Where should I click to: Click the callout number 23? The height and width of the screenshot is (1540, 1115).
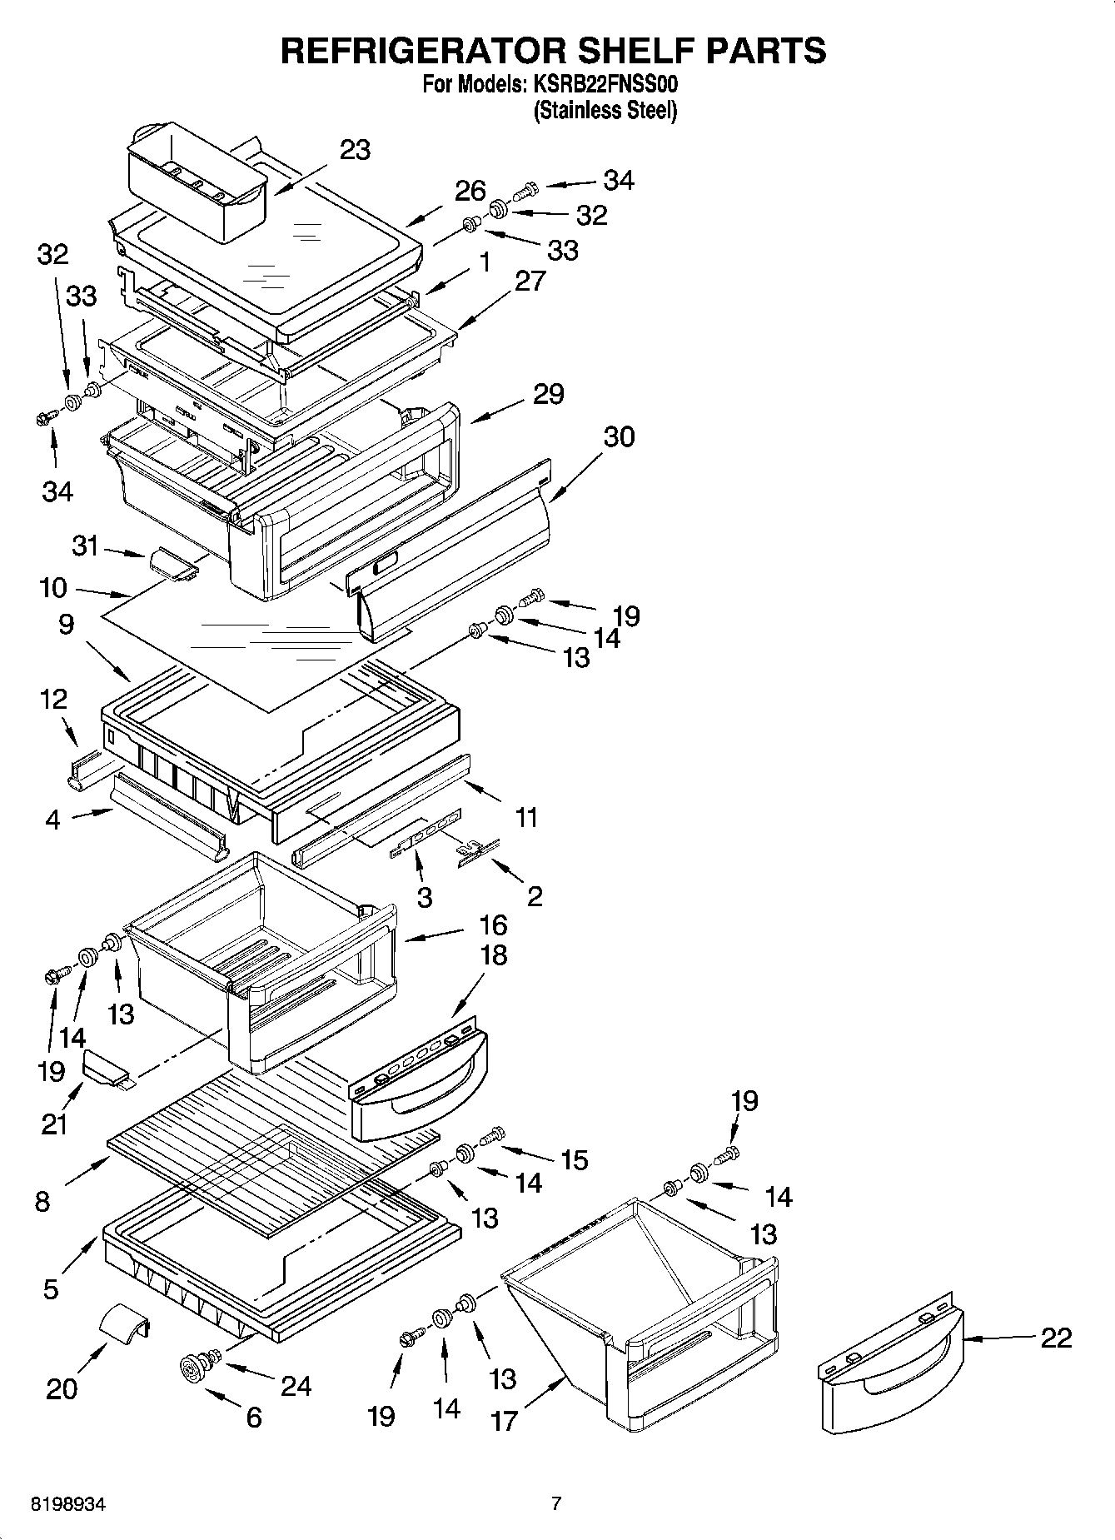coord(355,150)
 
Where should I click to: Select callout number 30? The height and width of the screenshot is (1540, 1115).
coord(618,436)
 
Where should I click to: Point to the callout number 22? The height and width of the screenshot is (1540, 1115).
coord(1056,1338)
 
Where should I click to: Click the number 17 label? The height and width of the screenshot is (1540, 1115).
coord(505,1420)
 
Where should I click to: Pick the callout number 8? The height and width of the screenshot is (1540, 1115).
coord(42,1201)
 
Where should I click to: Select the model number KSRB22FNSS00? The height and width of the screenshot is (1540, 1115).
coord(603,85)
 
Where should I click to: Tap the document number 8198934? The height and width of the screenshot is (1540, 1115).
coord(68,1505)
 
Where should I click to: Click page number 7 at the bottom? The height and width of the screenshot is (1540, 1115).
coord(556,1504)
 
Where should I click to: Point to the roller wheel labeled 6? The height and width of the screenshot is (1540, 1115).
coord(194,1367)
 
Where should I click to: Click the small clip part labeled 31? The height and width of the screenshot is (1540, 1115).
coord(172,563)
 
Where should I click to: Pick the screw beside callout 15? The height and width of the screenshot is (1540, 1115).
coord(494,1134)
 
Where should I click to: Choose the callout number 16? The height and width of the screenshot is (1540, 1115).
coord(493,924)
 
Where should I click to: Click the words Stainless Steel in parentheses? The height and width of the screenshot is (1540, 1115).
coord(605,110)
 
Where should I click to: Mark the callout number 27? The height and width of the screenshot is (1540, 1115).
coord(530,281)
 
